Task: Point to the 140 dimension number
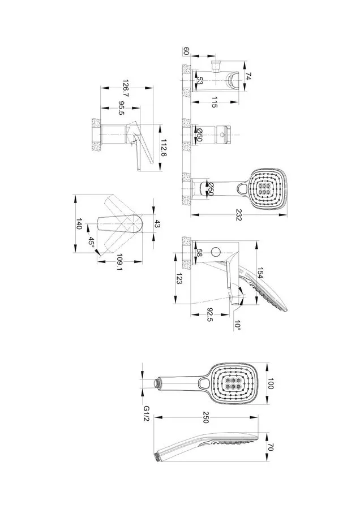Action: pyautogui.click(x=80, y=225)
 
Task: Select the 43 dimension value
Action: pyautogui.click(x=158, y=225)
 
